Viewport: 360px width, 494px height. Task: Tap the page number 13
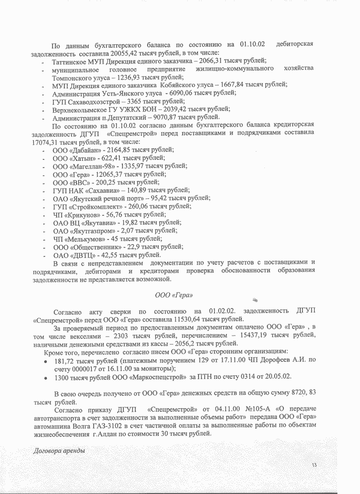[314, 466]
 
